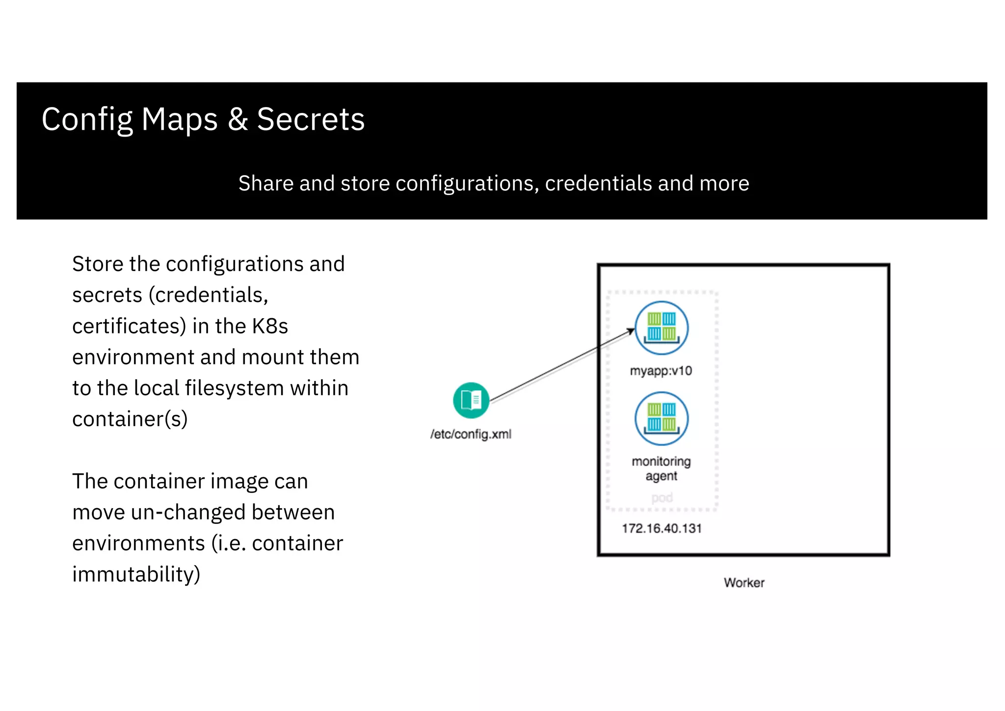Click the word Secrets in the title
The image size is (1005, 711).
point(311,119)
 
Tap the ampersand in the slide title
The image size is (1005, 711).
point(238,119)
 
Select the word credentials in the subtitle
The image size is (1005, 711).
point(598,184)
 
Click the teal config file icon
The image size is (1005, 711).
point(471,400)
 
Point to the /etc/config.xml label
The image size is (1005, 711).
point(471,434)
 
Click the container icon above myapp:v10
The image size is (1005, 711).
point(661,328)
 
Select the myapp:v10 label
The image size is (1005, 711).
point(661,371)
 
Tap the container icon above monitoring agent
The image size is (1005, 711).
point(661,418)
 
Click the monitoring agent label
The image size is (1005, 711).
point(661,468)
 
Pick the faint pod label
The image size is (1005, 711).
point(662,498)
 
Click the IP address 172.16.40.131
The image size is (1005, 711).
point(661,528)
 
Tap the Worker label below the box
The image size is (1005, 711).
point(744,583)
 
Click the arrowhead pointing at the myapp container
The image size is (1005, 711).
point(632,331)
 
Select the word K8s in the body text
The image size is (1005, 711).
point(270,326)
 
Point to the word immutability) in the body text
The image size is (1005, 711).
point(136,574)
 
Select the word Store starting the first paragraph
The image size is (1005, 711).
point(98,264)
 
